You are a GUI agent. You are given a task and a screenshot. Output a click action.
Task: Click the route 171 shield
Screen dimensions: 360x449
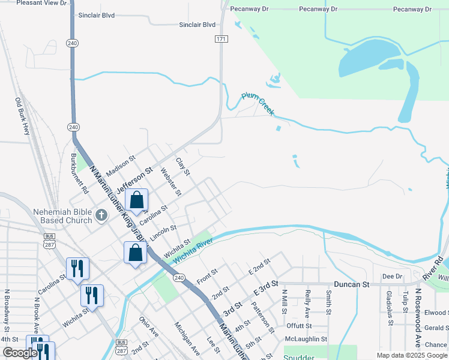(x=221, y=39)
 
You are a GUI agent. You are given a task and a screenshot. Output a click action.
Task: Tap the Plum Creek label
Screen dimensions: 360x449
(x=258, y=104)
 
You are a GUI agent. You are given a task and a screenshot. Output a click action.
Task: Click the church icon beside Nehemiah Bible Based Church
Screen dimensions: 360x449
(x=102, y=214)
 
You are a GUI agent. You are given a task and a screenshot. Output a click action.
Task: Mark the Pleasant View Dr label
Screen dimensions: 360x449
(x=41, y=3)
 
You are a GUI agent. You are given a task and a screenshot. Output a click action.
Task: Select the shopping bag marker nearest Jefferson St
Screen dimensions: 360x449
(x=137, y=200)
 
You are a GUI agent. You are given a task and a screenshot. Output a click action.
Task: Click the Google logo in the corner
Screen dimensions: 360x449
(x=20, y=353)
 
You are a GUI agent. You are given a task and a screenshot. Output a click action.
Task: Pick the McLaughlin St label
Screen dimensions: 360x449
(x=306, y=338)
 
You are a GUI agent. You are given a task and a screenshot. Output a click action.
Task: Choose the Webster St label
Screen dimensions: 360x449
(x=170, y=182)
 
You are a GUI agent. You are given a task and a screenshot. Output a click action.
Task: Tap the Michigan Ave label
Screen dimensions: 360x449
(x=186, y=337)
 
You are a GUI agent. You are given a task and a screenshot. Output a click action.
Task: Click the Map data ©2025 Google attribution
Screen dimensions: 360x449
(x=412, y=355)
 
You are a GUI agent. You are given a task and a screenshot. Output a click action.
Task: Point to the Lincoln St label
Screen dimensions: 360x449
(x=163, y=233)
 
